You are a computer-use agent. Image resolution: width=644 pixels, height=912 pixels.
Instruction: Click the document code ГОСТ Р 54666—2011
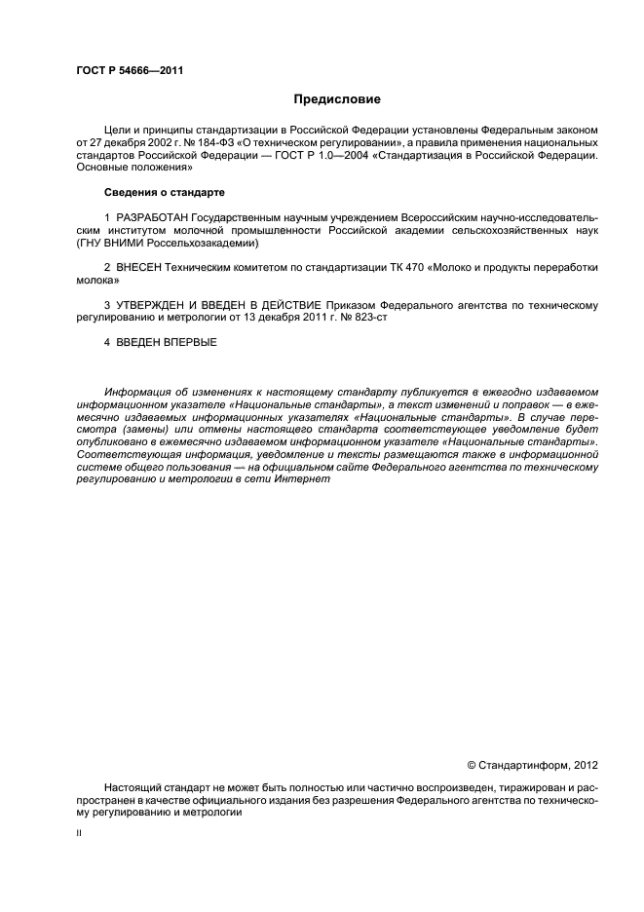point(130,71)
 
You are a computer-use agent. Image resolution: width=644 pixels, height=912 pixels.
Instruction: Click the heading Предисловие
point(337,100)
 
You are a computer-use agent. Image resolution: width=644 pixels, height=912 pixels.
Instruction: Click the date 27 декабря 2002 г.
point(130,142)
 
